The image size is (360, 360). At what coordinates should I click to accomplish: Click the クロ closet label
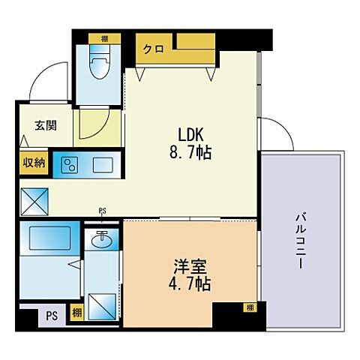coord(154,49)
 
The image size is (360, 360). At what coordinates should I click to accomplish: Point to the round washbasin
coord(102,241)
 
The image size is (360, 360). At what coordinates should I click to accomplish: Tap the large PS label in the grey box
coord(51,315)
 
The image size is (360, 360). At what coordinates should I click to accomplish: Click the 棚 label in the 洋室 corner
coord(247,307)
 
